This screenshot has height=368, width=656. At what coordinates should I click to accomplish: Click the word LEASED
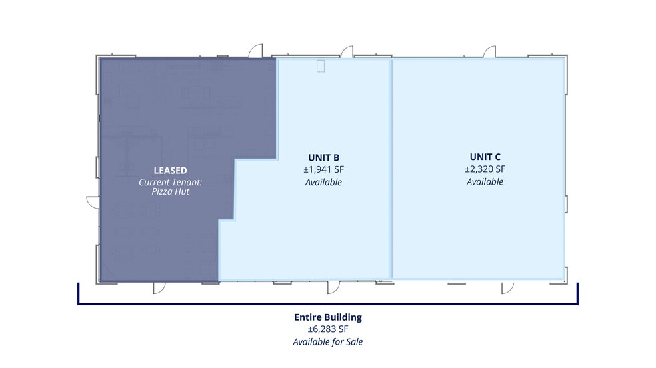(170, 171)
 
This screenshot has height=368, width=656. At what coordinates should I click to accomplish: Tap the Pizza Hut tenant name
(170, 191)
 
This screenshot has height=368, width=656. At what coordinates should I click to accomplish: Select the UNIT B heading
(324, 157)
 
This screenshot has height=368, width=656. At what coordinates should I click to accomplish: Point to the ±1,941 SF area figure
(324, 170)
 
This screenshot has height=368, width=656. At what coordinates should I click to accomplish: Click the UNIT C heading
(485, 157)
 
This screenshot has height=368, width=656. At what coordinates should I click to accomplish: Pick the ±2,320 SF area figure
(485, 169)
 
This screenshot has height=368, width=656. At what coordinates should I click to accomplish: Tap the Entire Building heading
(328, 317)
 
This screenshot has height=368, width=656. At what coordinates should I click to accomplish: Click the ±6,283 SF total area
(328, 329)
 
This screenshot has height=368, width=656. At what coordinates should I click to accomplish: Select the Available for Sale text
(328, 341)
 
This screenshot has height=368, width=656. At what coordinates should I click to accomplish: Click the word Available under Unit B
(323, 182)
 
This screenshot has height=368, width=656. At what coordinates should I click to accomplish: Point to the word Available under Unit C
(485, 182)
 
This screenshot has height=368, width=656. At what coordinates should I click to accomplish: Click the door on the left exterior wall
(93, 202)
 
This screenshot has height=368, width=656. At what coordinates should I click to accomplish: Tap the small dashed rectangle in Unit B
(321, 66)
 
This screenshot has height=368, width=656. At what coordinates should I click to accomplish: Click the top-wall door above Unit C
(490, 52)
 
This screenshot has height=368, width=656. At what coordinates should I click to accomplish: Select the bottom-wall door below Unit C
(507, 288)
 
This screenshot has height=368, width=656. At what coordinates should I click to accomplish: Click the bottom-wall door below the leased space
(159, 288)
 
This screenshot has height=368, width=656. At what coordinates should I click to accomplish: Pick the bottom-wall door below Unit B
(334, 287)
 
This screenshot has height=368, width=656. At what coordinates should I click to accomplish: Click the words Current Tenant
(170, 182)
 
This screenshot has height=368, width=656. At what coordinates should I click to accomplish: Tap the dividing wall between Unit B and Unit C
(391, 169)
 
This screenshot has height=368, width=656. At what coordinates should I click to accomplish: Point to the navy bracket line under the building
(328, 303)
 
